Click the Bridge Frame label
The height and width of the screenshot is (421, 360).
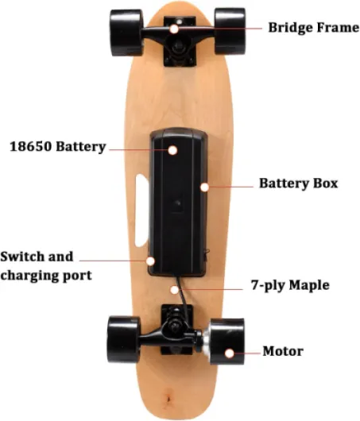point(314,28)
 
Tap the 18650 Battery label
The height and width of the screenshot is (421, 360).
point(58,147)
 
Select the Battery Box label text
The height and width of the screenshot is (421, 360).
point(298,183)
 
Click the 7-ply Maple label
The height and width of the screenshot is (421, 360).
point(290,285)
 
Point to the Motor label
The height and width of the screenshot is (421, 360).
point(283,351)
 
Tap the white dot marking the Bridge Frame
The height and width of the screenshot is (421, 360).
point(174,29)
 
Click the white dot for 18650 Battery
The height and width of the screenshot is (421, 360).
point(172,150)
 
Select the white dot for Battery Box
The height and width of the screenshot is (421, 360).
point(205,187)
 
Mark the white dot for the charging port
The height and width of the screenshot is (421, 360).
point(150,261)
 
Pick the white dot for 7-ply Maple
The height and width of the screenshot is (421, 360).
point(175,290)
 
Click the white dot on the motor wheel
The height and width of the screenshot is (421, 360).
point(229,353)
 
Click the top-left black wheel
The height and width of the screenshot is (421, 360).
point(126,33)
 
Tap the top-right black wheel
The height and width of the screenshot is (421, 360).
point(230,31)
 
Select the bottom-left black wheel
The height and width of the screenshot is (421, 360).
point(124,339)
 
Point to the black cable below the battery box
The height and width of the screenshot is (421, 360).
point(183,295)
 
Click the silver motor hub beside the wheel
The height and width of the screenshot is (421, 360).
point(206,342)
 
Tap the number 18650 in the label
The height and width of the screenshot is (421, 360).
point(31,147)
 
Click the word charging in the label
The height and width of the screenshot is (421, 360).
point(29,276)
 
